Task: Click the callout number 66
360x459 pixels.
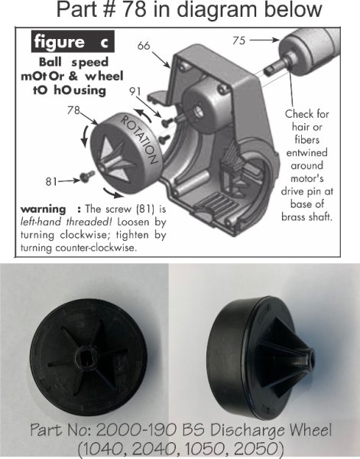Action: point(144,47)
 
